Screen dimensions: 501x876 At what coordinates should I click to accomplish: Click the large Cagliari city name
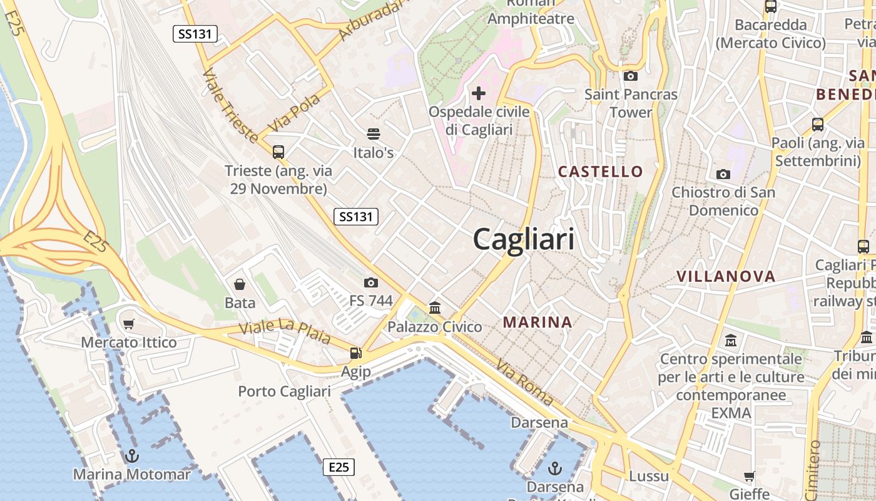(523, 239)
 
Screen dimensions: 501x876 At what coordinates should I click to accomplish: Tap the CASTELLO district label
(600, 172)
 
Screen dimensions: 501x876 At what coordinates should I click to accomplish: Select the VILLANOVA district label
(726, 276)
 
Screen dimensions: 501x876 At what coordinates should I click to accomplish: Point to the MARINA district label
(537, 323)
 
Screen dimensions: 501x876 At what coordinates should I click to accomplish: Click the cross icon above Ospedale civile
(479, 94)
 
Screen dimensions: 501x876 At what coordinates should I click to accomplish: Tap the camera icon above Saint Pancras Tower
(631, 76)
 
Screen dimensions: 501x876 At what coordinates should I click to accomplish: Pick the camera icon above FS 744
(371, 283)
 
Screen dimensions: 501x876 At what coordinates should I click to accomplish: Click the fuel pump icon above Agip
(355, 354)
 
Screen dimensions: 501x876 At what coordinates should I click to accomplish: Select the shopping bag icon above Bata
(240, 285)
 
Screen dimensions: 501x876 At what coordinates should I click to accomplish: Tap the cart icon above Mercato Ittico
(129, 324)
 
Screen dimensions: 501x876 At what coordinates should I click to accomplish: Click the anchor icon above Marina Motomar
(131, 456)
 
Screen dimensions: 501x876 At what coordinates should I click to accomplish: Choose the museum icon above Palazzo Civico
(435, 308)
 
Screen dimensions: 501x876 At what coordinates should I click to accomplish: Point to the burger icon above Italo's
(374, 133)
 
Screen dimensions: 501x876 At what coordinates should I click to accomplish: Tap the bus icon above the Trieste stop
(278, 152)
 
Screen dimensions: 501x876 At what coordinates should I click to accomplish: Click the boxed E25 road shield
(339, 467)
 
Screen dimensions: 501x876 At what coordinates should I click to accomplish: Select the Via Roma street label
(524, 382)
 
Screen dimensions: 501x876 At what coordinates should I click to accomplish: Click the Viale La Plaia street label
(285, 333)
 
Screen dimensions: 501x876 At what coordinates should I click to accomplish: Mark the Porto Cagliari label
(284, 392)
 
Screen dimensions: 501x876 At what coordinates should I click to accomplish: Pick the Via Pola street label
(293, 113)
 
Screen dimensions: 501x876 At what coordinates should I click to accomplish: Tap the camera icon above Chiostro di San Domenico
(723, 174)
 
